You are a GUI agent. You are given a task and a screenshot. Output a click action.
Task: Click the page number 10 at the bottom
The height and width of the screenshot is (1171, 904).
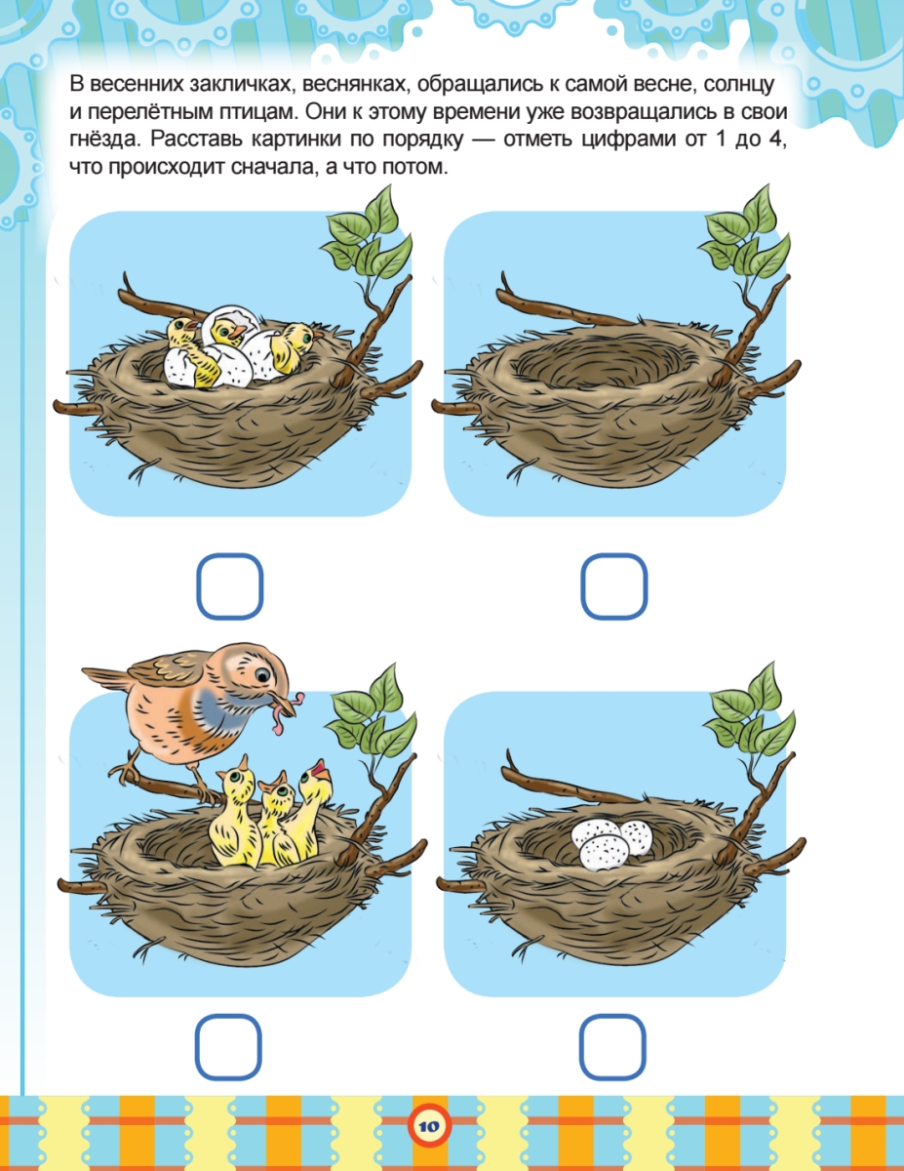(428, 1126)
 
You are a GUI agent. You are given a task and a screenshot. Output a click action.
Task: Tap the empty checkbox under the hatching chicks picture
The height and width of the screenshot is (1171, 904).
(229, 586)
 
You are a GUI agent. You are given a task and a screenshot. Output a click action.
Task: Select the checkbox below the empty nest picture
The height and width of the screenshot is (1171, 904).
(613, 586)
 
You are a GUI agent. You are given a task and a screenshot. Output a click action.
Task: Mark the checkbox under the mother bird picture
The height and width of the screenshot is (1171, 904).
(228, 1047)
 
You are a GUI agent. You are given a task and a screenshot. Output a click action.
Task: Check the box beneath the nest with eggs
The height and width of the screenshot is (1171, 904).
(612, 1047)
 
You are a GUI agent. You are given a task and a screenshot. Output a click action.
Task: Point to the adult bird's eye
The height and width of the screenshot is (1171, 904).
(262, 674)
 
